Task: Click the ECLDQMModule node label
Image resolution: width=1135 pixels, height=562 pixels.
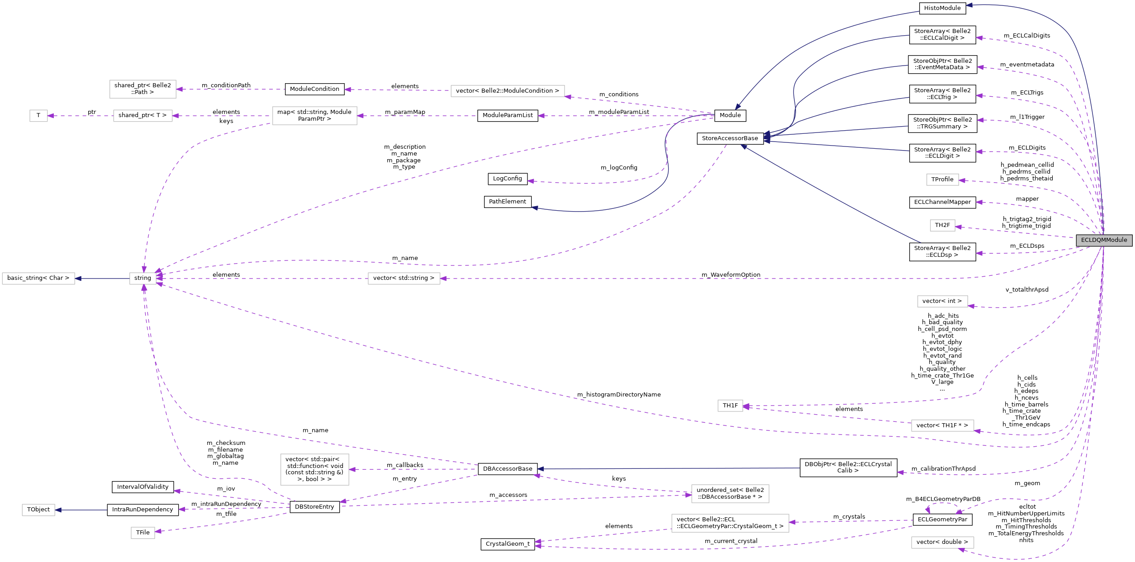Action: click(1104, 240)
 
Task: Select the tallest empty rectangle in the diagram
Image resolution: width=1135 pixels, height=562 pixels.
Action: click(314, 469)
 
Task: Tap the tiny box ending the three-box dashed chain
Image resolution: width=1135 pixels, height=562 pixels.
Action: click(38, 116)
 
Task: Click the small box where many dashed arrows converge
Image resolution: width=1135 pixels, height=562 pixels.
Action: click(143, 279)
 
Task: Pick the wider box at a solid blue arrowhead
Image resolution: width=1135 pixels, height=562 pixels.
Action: click(38, 279)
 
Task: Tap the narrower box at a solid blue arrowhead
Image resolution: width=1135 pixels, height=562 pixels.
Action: click(38, 510)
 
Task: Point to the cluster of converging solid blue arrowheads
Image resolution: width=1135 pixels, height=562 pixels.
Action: click(766, 137)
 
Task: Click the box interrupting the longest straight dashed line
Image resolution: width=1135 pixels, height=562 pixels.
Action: click(404, 279)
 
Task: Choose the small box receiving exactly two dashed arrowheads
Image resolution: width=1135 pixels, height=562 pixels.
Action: click(730, 406)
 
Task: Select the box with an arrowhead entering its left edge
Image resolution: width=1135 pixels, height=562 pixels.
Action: click(730, 494)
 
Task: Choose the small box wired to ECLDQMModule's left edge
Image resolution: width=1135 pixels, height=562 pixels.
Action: click(943, 225)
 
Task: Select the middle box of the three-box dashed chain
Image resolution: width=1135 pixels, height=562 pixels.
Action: click(143, 116)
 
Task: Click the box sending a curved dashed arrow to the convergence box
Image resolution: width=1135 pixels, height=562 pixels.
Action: click(314, 116)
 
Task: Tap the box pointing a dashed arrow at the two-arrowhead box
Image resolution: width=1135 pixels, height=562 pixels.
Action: click(943, 425)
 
